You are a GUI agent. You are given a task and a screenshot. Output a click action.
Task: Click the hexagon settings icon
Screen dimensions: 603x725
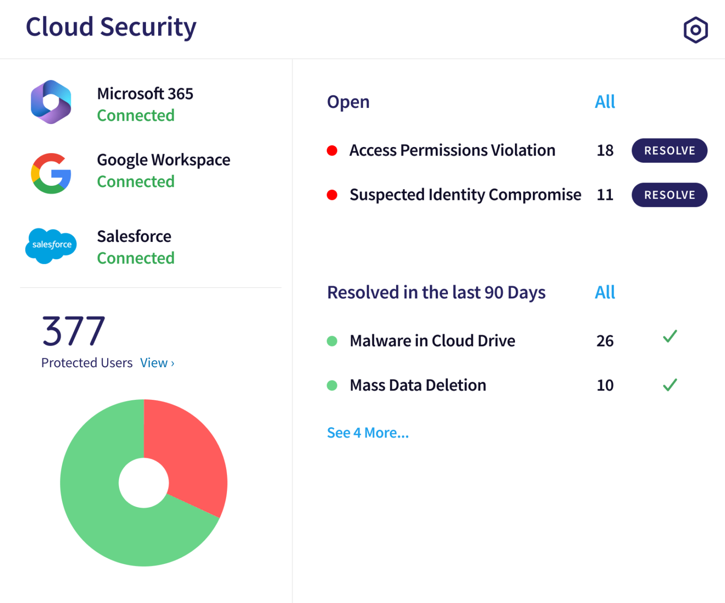coord(695,30)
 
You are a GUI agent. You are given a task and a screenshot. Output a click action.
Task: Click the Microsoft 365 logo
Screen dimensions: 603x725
coord(51,102)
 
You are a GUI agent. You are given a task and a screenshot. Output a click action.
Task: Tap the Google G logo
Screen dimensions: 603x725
coord(51,173)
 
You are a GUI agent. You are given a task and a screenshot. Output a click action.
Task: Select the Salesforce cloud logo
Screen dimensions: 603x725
coord(51,245)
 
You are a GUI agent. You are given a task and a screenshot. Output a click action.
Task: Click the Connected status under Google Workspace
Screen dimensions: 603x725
coord(135,182)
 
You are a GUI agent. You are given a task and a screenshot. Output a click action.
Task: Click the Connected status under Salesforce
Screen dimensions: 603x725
coord(135,258)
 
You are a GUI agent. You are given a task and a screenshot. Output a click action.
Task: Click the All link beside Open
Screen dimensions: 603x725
coord(605,102)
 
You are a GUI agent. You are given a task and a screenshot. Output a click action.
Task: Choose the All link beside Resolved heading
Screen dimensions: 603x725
coord(605,292)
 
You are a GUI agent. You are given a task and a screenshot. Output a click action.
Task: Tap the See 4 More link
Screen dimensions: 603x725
coord(368,433)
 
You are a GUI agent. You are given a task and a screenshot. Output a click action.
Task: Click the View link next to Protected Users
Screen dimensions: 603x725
coord(157,363)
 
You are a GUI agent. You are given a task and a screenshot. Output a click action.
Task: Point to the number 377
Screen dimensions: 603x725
coord(74,331)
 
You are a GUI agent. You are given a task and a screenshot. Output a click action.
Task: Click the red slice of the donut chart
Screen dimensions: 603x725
coord(189,453)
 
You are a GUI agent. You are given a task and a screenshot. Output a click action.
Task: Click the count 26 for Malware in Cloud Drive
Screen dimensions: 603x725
coord(605,341)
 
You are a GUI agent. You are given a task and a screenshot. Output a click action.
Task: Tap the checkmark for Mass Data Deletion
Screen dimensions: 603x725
coord(670,385)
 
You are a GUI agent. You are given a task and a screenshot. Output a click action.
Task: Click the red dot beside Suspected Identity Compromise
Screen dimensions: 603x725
coord(332,195)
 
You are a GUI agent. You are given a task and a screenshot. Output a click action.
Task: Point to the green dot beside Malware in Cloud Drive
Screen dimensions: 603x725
coord(332,341)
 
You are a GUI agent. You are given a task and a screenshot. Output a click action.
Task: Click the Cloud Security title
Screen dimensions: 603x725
coord(111,27)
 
